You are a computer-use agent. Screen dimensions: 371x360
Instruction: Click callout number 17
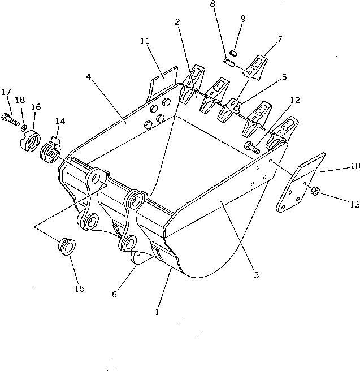pyautogui.click(x=6, y=92)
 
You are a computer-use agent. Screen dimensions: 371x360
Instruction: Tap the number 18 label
pyautogui.click(x=20, y=100)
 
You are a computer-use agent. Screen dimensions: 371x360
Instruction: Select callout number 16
pyautogui.click(x=36, y=106)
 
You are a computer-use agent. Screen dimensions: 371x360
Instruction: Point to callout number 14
pyautogui.click(x=60, y=121)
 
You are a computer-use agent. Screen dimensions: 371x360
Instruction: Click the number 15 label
pyautogui.click(x=80, y=289)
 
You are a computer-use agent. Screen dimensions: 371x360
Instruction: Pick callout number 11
pyautogui.click(x=144, y=41)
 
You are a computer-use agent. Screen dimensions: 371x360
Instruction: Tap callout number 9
pyautogui.click(x=243, y=19)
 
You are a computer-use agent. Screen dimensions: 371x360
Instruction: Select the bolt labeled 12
pyautogui.click(x=252, y=148)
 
